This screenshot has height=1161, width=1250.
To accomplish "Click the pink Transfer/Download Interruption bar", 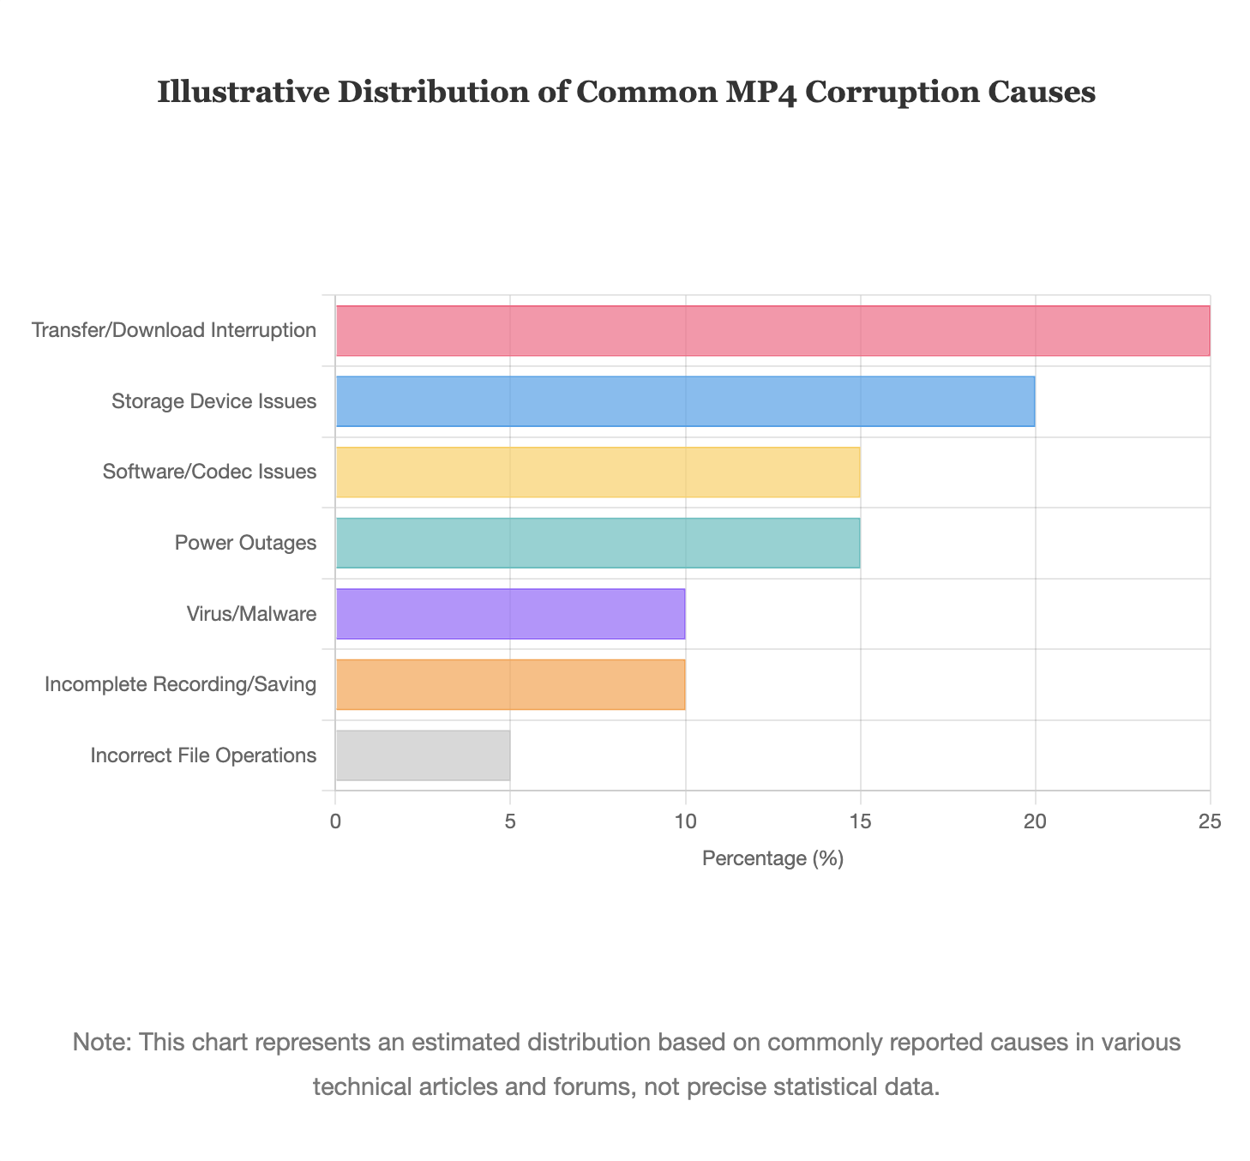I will pyautogui.click(x=772, y=331).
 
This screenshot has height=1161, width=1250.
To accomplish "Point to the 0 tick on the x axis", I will pyautogui.click(x=335, y=821).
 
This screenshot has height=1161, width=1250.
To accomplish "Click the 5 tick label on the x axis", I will pyautogui.click(x=510, y=821).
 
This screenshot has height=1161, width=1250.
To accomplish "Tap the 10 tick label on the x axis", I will pyautogui.click(x=685, y=821).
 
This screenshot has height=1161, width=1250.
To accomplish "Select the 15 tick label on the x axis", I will pyautogui.click(x=860, y=821).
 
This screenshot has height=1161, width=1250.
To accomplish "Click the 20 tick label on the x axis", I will pyautogui.click(x=1035, y=821).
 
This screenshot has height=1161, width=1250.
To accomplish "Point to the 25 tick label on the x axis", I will pyautogui.click(x=1210, y=821).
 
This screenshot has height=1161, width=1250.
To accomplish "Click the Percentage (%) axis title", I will pyautogui.click(x=772, y=858).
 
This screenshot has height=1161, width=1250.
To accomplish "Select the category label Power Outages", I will pyautogui.click(x=245, y=543).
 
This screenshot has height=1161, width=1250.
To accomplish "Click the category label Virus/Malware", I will pyautogui.click(x=250, y=614).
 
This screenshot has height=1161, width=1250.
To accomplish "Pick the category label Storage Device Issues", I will pyautogui.click(x=213, y=401).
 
